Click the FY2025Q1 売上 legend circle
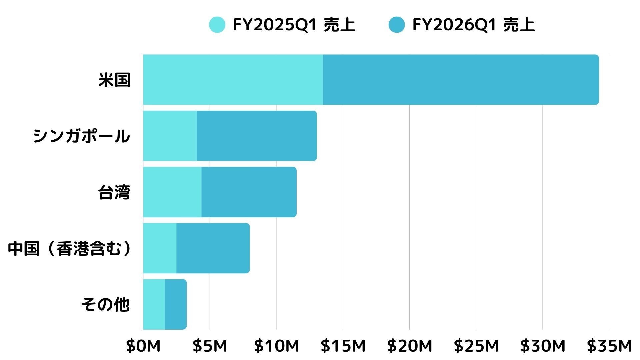217,25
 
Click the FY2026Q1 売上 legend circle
396,25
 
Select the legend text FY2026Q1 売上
473,25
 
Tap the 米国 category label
114,80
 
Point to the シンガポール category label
81,136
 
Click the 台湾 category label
114,192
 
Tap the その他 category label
105,304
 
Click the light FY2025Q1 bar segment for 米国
233,80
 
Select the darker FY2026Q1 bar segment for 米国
460,80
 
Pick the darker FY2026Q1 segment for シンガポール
257,136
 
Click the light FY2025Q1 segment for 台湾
172,192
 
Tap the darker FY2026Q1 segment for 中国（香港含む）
213,248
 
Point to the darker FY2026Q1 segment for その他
176,304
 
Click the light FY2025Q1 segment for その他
154,304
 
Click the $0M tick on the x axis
143,346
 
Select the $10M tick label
276,346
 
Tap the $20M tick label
410,346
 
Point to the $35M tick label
609,346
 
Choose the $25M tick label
476,346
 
